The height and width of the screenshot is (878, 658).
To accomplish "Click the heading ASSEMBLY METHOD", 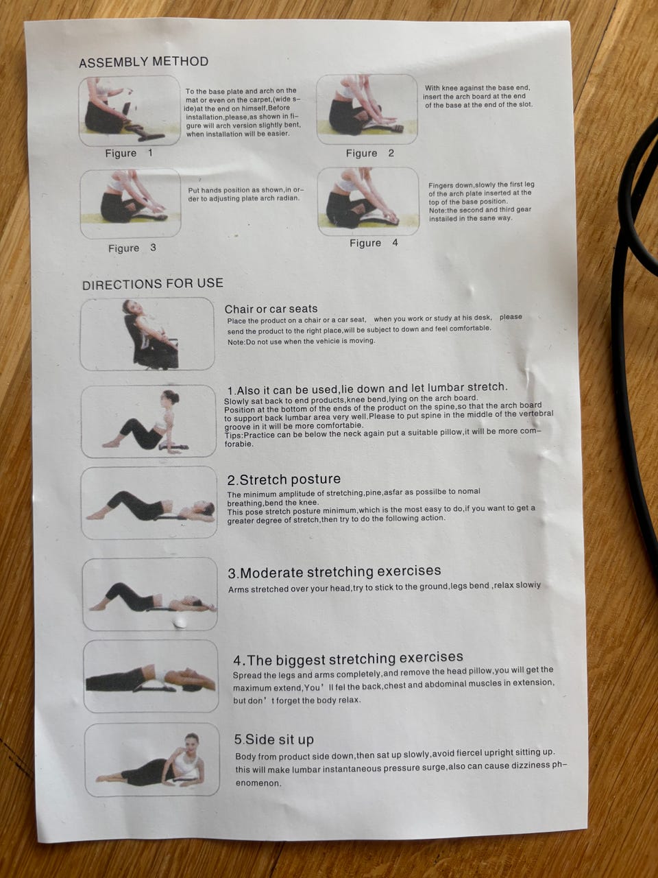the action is [x=144, y=62].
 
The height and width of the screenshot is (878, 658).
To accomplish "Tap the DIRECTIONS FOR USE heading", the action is [x=153, y=284].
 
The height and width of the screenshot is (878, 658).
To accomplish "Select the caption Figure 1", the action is [x=129, y=153].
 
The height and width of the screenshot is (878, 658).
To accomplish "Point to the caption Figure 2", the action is [x=370, y=153].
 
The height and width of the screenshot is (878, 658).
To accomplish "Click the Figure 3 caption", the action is [x=132, y=248].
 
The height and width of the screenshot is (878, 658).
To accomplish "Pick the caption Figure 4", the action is [x=374, y=243].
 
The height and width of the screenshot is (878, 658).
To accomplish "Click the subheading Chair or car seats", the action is [x=271, y=309].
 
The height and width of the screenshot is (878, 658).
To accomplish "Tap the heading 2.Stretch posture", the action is [x=284, y=479].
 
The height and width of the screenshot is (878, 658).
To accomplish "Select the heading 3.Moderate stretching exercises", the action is [x=334, y=571].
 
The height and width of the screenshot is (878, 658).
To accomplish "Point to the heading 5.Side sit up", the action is [x=273, y=739].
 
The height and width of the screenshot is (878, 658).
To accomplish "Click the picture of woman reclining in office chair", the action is [x=147, y=334].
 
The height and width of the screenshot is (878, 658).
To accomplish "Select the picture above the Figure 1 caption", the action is [x=130, y=111].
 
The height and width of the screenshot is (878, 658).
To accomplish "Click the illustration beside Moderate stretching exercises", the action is [x=150, y=595].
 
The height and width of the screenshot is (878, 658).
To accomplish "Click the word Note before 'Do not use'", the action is [x=236, y=342].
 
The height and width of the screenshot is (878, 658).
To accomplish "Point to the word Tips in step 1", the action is [x=233, y=435].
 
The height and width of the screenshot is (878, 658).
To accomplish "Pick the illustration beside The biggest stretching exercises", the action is [x=151, y=676].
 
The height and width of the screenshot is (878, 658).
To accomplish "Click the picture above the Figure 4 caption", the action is [x=368, y=202].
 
